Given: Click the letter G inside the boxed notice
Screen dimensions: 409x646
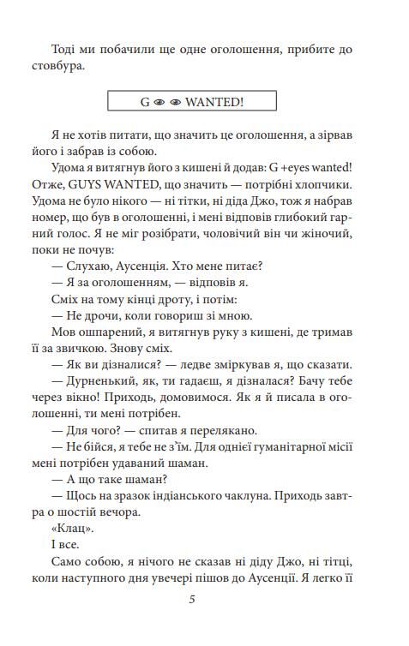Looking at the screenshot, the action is pos(145,101).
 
